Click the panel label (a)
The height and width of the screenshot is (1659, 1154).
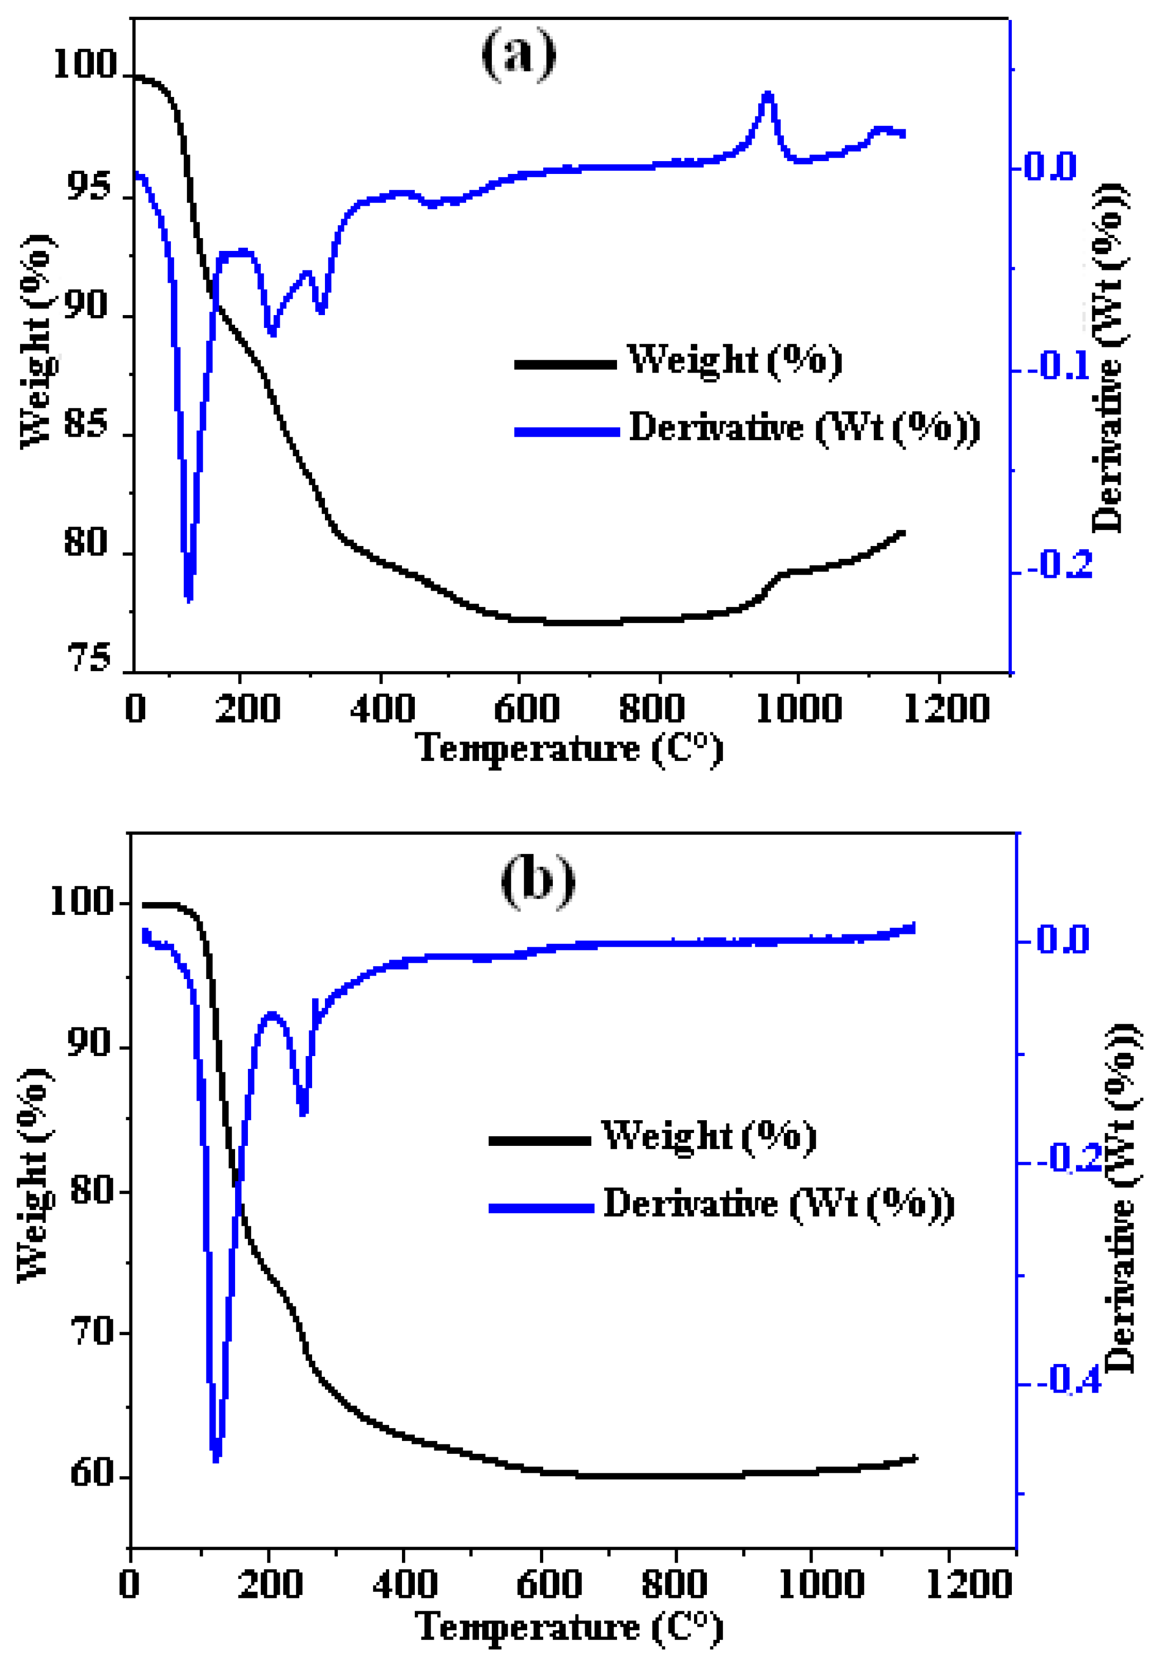pyautogui.click(x=518, y=54)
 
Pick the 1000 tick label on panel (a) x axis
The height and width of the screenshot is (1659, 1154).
pyautogui.click(x=798, y=708)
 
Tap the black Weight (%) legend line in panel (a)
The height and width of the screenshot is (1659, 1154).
pyautogui.click(x=565, y=364)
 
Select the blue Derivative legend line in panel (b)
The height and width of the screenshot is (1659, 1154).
pyautogui.click(x=541, y=1208)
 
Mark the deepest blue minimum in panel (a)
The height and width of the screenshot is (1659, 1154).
pyautogui.click(x=189, y=597)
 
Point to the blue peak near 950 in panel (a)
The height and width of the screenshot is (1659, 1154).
pyautogui.click(x=768, y=94)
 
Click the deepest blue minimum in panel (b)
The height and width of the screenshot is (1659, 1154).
pyautogui.click(x=216, y=1458)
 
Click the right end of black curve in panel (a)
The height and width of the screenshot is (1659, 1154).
pyautogui.click(x=902, y=533)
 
